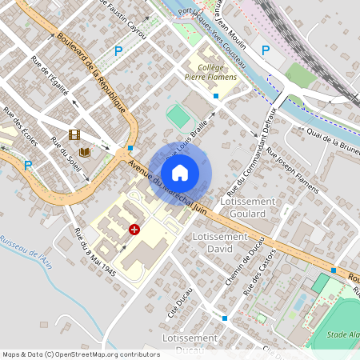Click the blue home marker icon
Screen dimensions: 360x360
coord(180,172)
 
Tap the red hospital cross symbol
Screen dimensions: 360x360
coord(134,229)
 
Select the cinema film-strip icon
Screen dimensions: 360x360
coord(74,135)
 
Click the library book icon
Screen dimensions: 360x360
coord(84,152)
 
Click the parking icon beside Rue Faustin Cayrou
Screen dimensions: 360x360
coord(118,51)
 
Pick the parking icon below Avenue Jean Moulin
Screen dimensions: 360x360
coord(266,50)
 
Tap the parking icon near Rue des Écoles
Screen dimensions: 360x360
coord(27,166)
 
